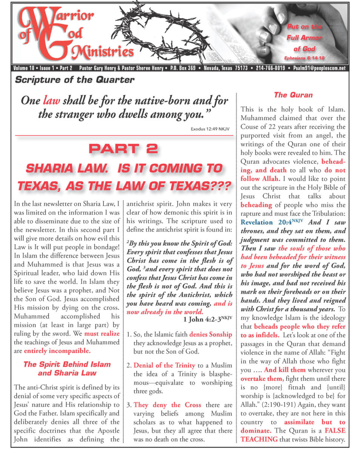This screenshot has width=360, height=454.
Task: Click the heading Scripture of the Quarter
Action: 74,80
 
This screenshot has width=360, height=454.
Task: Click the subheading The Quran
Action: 293,95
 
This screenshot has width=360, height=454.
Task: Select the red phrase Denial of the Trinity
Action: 164,365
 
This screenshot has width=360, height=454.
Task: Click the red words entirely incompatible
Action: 57,351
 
